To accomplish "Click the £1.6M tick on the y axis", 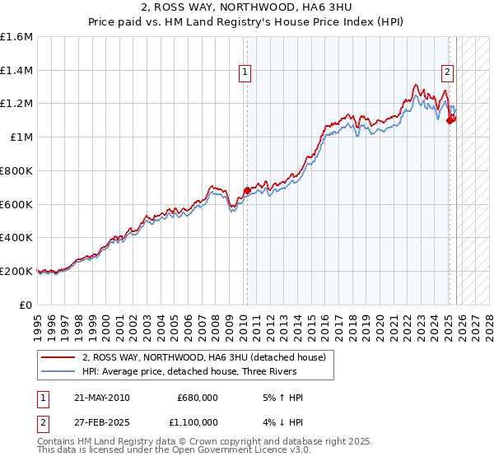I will click(16, 37).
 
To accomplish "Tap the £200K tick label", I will click(16, 271).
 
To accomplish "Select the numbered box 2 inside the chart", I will click(447, 72).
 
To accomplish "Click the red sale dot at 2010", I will click(247, 191).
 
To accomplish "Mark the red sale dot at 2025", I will click(450, 120).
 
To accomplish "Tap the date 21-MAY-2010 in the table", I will click(100, 398).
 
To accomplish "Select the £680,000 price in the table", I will click(198, 398).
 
